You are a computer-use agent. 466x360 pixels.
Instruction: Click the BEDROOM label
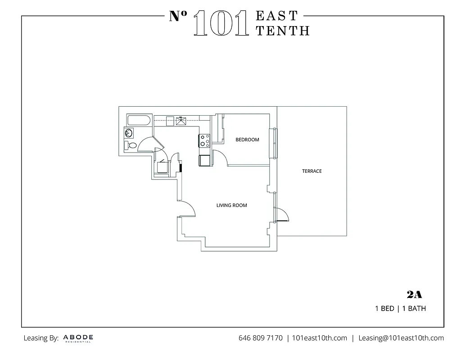pyautogui.click(x=247, y=139)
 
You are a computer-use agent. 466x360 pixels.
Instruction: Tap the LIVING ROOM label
pyautogui.click(x=231, y=206)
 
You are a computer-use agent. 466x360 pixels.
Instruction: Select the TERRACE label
pyautogui.click(x=312, y=171)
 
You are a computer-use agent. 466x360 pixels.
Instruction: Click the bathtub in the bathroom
pyautogui.click(x=139, y=120)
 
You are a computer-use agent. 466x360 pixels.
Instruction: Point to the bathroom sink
pyautogui.click(x=129, y=133)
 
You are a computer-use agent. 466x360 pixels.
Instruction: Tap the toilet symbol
pyautogui.click(x=131, y=146)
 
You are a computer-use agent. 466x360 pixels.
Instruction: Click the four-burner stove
pyautogui.click(x=205, y=140)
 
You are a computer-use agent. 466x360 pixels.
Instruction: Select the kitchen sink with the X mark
pyautogui.click(x=181, y=121)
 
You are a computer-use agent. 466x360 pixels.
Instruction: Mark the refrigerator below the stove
pyautogui.click(x=205, y=160)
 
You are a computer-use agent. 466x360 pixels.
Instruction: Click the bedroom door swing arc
pyautogui.click(x=221, y=157)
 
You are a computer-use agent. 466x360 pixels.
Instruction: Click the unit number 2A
pyautogui.click(x=414, y=295)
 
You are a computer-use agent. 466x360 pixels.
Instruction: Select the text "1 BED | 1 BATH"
pyautogui.click(x=400, y=309)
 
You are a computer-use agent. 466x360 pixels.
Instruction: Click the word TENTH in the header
pyautogui.click(x=282, y=31)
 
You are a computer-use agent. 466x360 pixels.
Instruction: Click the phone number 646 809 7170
pyautogui.click(x=260, y=338)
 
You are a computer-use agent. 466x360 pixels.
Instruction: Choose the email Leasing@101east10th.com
pyautogui.click(x=401, y=338)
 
